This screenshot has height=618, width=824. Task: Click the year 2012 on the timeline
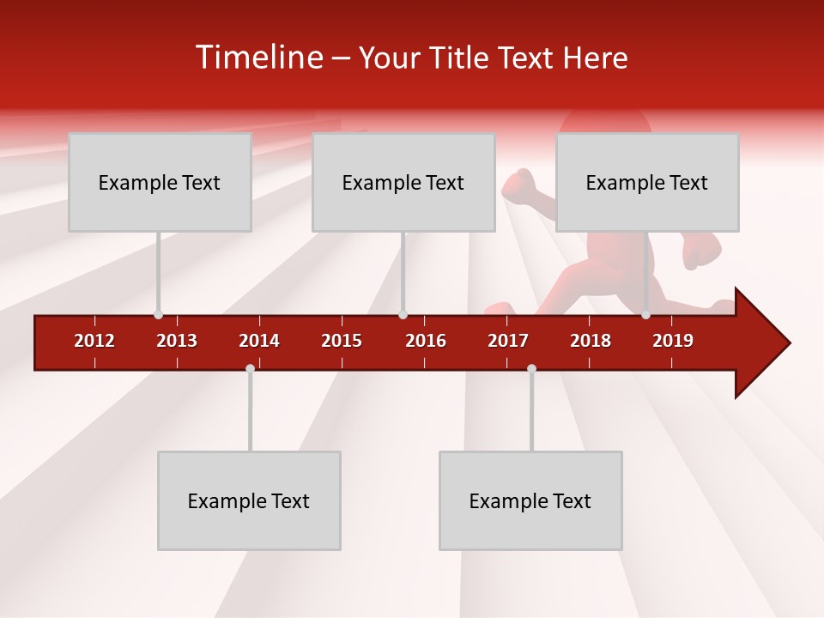(94, 341)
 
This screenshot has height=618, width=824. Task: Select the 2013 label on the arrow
(177, 341)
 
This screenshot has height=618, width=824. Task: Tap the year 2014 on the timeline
(259, 341)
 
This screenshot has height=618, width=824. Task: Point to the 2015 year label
(342, 341)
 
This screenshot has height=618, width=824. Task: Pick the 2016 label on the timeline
(426, 341)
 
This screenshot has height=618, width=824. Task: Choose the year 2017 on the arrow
(508, 341)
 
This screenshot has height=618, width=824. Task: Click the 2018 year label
(591, 341)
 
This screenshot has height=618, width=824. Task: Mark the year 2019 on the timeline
(673, 341)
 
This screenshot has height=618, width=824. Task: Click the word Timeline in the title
(257, 58)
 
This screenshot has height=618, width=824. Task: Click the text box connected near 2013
(160, 182)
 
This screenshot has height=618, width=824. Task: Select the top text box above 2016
(403, 182)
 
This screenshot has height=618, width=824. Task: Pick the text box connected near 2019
(647, 182)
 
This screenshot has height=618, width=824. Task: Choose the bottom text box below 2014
(249, 500)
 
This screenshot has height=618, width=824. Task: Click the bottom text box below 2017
(530, 500)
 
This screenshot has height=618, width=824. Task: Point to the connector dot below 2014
(250, 368)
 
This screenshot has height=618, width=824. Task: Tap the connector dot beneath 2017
(531, 368)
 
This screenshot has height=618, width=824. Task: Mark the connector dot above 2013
(158, 314)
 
